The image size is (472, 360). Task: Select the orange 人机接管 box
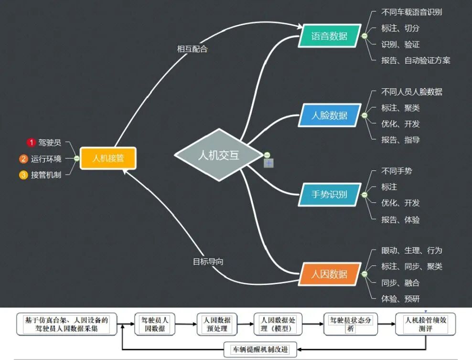108,158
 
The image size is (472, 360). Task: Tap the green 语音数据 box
329,36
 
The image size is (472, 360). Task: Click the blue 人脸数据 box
329,115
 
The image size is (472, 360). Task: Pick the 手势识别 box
329,194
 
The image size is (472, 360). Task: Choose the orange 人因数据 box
329,274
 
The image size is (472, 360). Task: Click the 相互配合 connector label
192,49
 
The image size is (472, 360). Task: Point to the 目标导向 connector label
208,262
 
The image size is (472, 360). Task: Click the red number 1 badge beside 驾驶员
32,142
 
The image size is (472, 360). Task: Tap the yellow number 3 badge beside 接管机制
23,175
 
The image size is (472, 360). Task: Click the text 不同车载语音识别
411,12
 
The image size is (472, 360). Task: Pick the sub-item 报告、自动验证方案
415,60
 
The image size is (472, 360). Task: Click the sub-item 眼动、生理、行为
411,250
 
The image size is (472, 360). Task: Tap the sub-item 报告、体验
400,220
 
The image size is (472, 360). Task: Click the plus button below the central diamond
269,163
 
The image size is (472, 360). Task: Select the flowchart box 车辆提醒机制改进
260,349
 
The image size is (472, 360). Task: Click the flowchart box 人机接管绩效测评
425,324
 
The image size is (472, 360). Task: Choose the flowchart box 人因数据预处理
217,324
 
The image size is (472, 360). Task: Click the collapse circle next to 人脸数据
365,115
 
